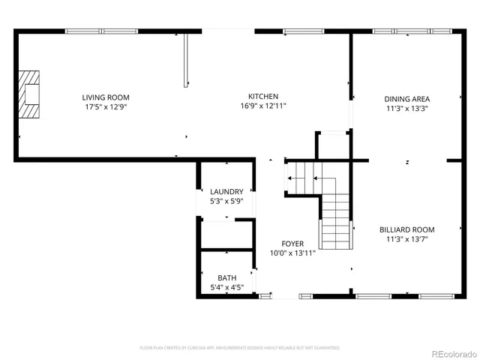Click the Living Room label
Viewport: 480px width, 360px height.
[106, 97]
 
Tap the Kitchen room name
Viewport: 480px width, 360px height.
[264, 97]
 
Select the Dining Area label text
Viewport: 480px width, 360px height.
[407, 98]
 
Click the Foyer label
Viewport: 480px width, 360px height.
[292, 244]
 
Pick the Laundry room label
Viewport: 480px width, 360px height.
[226, 192]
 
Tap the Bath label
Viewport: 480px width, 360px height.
[226, 277]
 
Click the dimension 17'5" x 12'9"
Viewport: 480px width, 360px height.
[106, 107]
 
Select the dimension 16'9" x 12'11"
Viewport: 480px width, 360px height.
[264, 106]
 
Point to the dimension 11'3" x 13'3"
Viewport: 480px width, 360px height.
[407, 108]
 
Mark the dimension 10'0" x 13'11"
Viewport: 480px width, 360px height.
[292, 253]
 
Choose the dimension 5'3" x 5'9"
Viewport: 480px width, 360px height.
[226, 202]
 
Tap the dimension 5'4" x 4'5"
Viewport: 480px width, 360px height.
[226, 287]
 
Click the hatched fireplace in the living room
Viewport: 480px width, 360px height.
[30, 94]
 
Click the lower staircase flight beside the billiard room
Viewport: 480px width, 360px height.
[336, 221]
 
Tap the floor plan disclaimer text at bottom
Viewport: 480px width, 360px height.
[240, 348]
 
